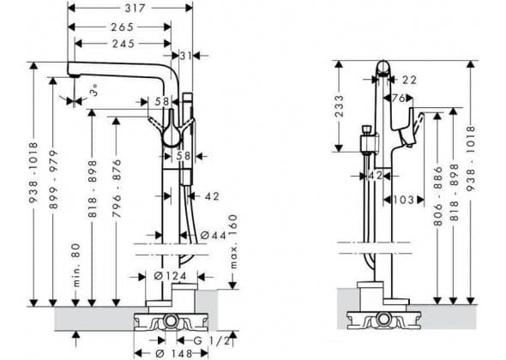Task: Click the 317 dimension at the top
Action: pyautogui.click(x=136, y=9)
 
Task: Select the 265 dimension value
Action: pyautogui.click(x=123, y=27)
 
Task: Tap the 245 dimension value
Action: pyautogui.click(x=123, y=44)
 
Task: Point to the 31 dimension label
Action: pyautogui.click(x=186, y=56)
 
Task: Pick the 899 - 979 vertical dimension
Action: pyautogui.click(x=54, y=179)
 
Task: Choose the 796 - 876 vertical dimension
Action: pyautogui.click(x=117, y=188)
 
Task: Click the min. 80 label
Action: pyautogui.click(x=76, y=265)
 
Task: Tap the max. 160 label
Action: pyautogui.click(x=233, y=241)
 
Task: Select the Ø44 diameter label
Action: pyautogui.click(x=214, y=236)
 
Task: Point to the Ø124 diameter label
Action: pyautogui.click(x=170, y=276)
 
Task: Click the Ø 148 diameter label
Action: pyautogui.click(x=173, y=353)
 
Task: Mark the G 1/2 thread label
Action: pyautogui.click(x=212, y=340)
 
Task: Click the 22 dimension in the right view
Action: pyautogui.click(x=409, y=80)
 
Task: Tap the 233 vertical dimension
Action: pyautogui.click(x=339, y=106)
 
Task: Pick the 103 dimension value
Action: pyautogui.click(x=404, y=200)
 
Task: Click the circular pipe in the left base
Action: pyautogui.click(x=170, y=321)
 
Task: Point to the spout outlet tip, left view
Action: pyautogui.click(x=75, y=75)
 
